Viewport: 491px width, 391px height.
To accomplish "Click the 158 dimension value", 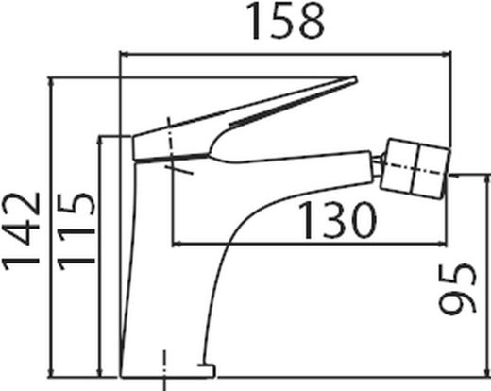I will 286,22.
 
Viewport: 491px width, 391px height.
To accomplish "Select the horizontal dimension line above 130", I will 283,240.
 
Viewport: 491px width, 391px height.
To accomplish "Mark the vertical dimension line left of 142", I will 53,227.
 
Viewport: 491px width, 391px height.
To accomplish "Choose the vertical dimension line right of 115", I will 101,255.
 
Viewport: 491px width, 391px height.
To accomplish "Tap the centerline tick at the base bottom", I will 162,363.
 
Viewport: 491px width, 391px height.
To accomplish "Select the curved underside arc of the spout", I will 236,236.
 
